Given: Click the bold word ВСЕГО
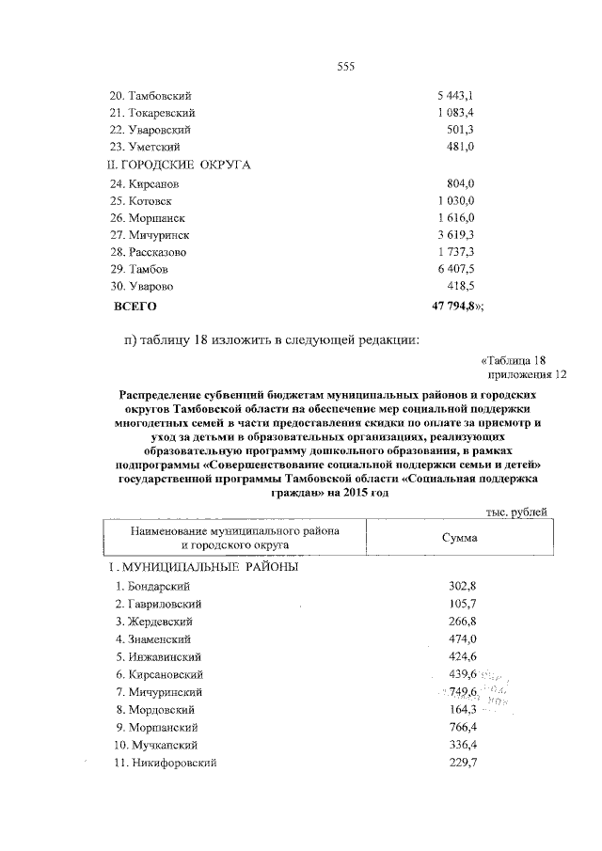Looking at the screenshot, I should click(135, 306).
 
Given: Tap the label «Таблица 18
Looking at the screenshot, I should click(513, 360).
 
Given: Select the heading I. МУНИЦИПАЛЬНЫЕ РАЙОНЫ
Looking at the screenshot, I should click(201, 569).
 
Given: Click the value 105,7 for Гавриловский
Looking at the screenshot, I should click(463, 604).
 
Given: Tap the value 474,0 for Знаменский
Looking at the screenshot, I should click(463, 638).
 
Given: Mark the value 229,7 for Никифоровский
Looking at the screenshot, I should click(463, 763).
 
